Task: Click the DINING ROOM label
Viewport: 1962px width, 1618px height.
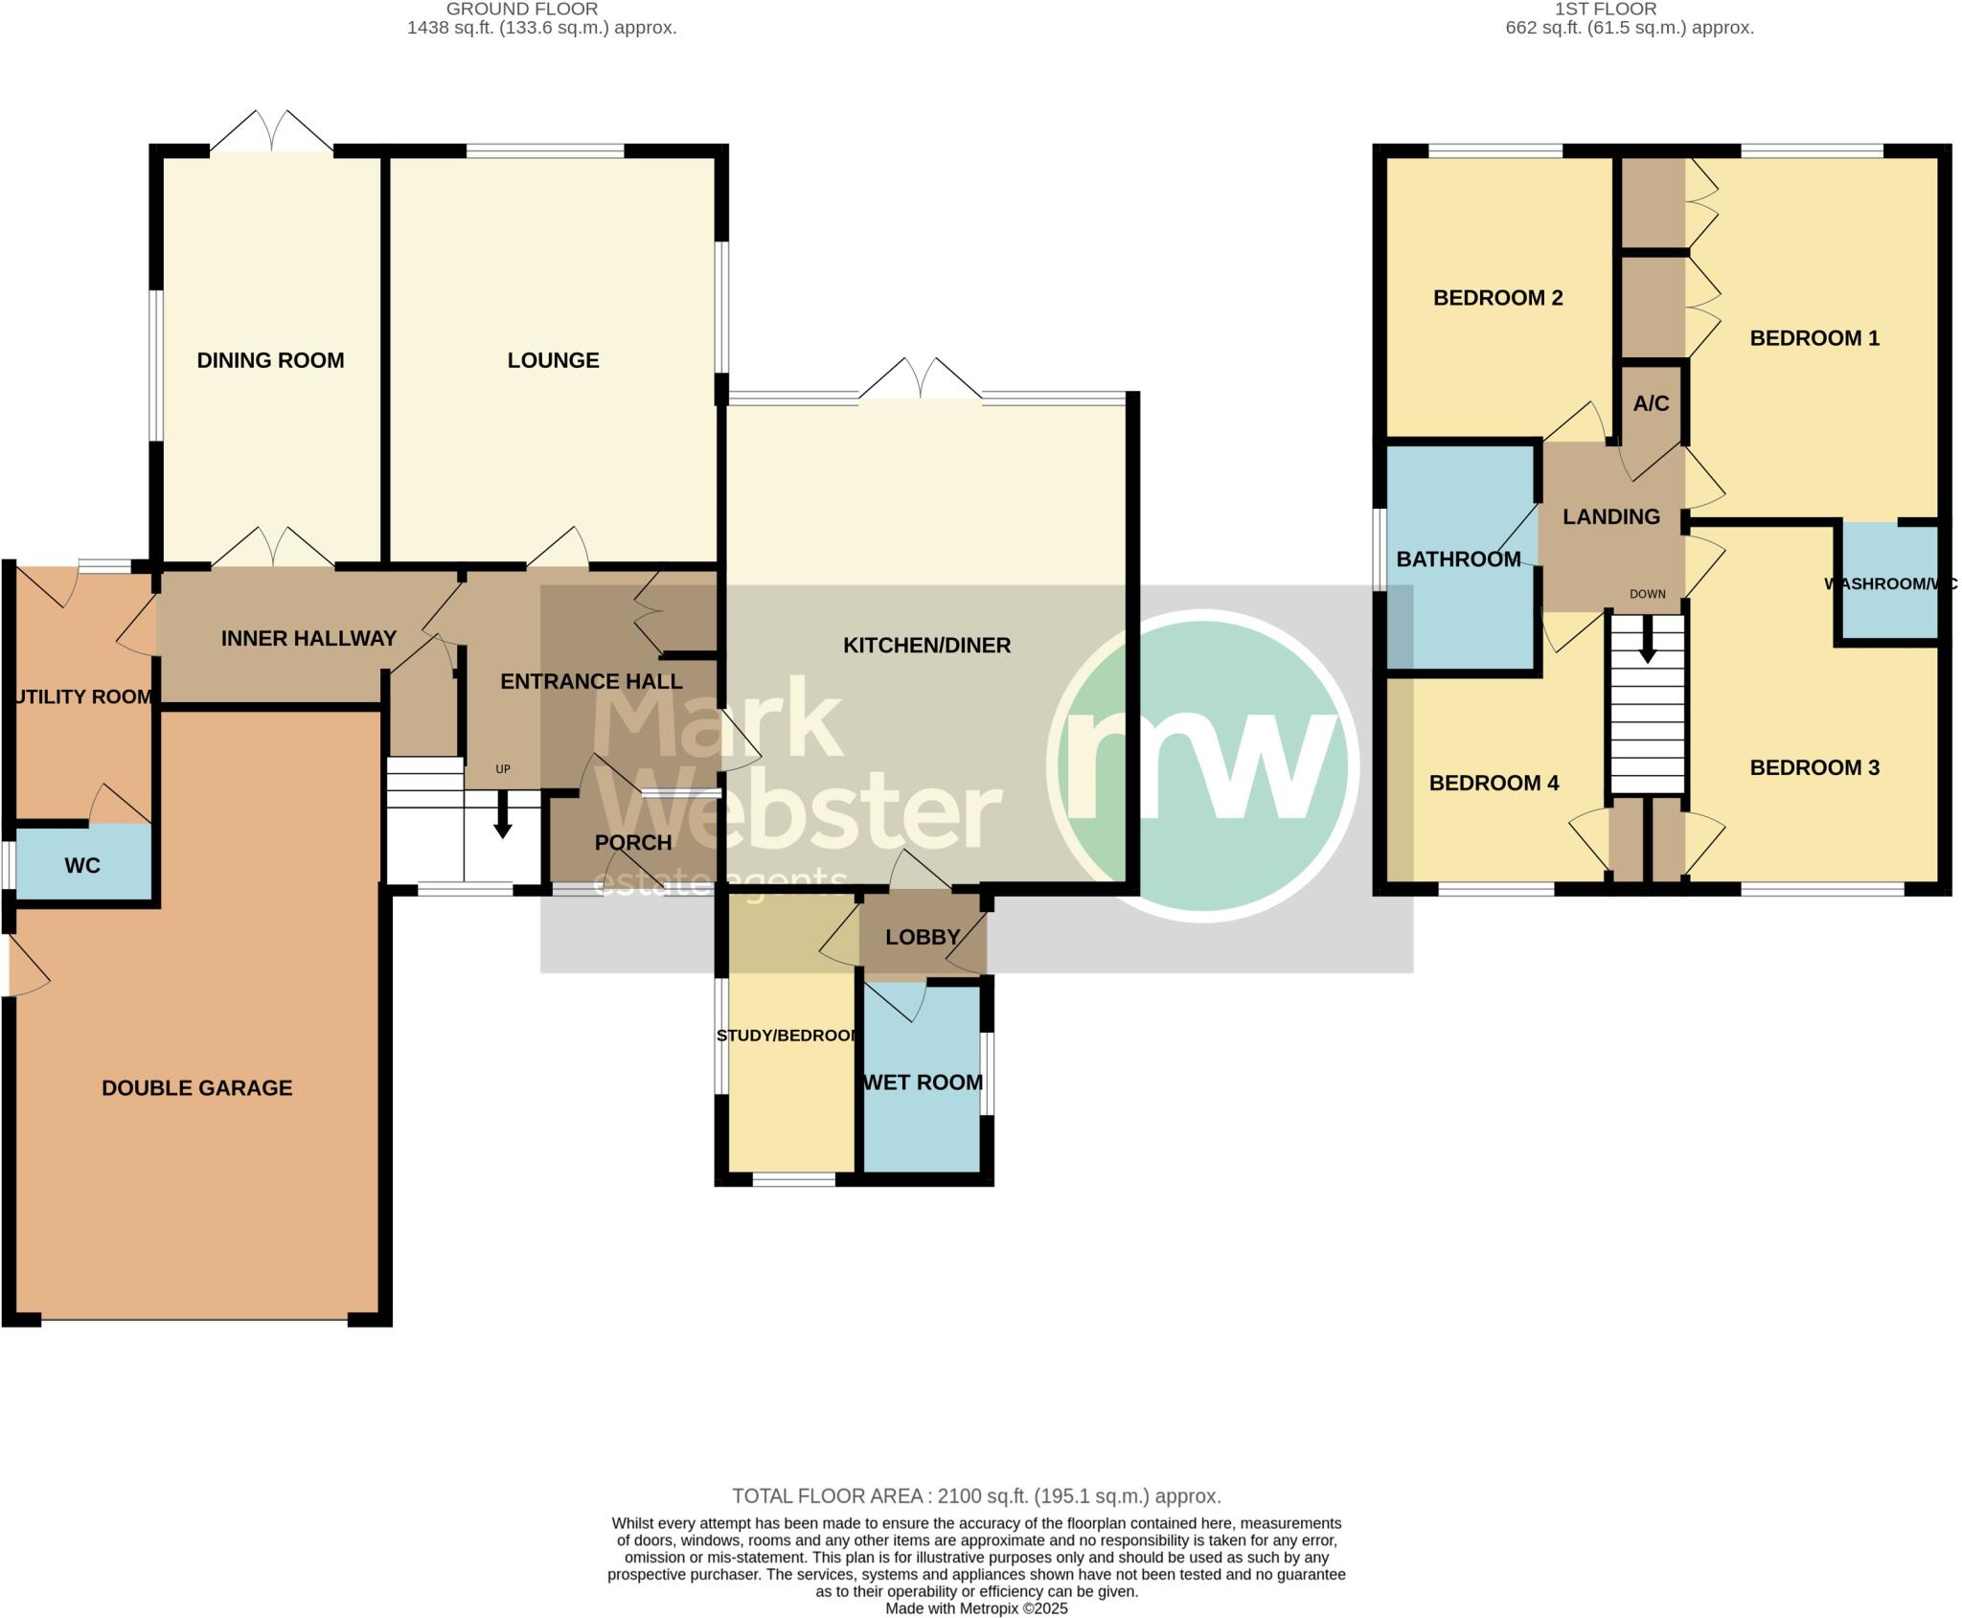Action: pyautogui.click(x=270, y=360)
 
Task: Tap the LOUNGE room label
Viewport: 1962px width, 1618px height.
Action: pyautogui.click(x=553, y=360)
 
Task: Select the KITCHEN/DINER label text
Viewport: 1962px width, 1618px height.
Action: pyautogui.click(x=926, y=646)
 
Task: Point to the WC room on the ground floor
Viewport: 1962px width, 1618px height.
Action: pyautogui.click(x=82, y=866)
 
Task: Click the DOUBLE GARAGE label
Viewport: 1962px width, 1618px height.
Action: pyautogui.click(x=196, y=1088)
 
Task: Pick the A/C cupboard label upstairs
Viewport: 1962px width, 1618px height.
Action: pyautogui.click(x=1651, y=403)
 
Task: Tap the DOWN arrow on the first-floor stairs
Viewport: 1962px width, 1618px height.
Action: pyautogui.click(x=1647, y=639)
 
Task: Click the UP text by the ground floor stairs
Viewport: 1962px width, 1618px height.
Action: pyautogui.click(x=502, y=769)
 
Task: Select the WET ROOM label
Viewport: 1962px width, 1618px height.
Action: pyautogui.click(x=923, y=1082)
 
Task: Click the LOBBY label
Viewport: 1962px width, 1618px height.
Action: pyautogui.click(x=922, y=937)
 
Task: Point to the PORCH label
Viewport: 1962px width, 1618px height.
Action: pyautogui.click(x=632, y=843)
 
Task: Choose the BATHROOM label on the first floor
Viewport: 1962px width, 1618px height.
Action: pyautogui.click(x=1458, y=559)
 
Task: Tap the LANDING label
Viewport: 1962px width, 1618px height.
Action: pyautogui.click(x=1611, y=517)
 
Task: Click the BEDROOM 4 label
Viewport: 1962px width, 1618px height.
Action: pyautogui.click(x=1494, y=784)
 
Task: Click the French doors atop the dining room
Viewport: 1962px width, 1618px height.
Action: pyautogui.click(x=271, y=132)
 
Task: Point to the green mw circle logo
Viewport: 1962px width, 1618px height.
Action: pyautogui.click(x=1202, y=765)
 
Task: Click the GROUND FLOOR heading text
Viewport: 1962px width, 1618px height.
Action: pyautogui.click(x=522, y=9)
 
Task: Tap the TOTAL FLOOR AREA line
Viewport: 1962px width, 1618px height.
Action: pyautogui.click(x=976, y=1496)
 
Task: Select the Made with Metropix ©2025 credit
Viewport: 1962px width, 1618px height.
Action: pyautogui.click(x=976, y=1609)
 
